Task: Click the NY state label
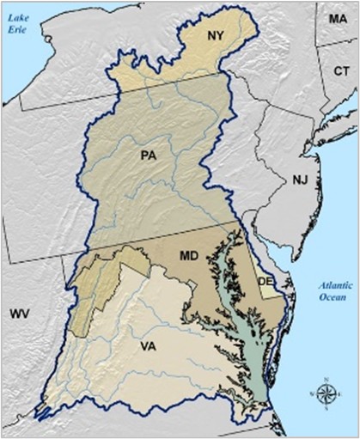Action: (217, 35)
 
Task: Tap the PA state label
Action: (149, 155)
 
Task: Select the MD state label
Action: (191, 256)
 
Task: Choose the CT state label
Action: (341, 73)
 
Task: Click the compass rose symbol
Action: (326, 393)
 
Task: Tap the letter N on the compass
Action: (326, 378)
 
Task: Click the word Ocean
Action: (327, 298)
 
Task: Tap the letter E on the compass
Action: (339, 393)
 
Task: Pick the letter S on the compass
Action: (326, 409)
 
